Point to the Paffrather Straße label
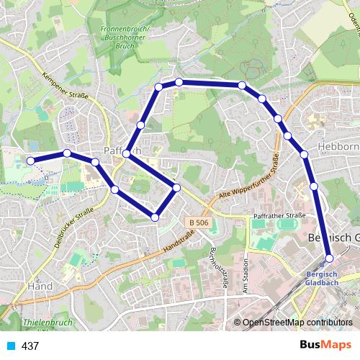279,215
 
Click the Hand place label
39,287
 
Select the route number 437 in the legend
30,346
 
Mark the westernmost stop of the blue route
30,161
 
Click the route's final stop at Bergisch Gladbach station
329,258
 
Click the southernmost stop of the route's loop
155,217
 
